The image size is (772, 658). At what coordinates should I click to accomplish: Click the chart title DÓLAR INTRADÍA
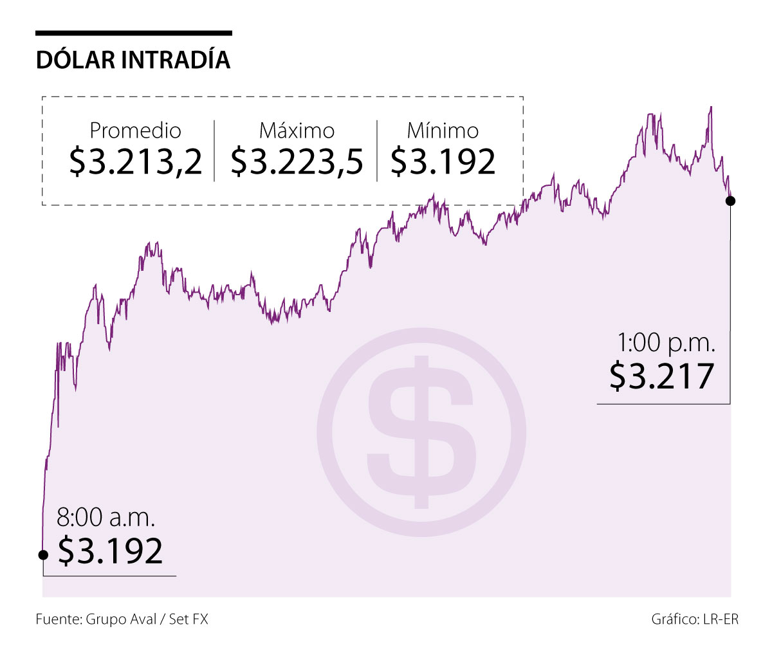coord(133,59)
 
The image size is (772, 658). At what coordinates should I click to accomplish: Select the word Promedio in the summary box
coord(135,131)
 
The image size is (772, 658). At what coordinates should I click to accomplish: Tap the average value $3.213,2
coord(136,161)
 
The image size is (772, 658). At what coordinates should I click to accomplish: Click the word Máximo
coord(297,131)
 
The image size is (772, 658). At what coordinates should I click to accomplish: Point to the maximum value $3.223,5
coord(297,161)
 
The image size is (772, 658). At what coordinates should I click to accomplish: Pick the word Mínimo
coord(443,131)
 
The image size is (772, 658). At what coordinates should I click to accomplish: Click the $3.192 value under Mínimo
coord(443,161)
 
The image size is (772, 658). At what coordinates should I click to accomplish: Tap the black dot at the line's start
coord(43,554)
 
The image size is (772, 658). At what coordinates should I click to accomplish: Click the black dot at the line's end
coord(730,201)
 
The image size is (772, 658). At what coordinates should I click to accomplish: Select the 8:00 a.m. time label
coord(106,518)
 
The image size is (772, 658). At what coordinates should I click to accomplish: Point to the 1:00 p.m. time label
coord(666,343)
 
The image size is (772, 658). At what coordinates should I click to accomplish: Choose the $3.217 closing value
coord(662,376)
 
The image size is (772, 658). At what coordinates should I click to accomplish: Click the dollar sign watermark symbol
coord(421,432)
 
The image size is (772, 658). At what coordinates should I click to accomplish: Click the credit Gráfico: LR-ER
coord(695,619)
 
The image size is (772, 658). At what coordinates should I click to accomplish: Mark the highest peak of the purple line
coord(710,107)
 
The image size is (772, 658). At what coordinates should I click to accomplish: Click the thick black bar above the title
coord(133,33)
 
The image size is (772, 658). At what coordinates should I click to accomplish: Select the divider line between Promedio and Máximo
coord(214,150)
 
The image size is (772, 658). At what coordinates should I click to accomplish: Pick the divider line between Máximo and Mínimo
coord(378,150)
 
